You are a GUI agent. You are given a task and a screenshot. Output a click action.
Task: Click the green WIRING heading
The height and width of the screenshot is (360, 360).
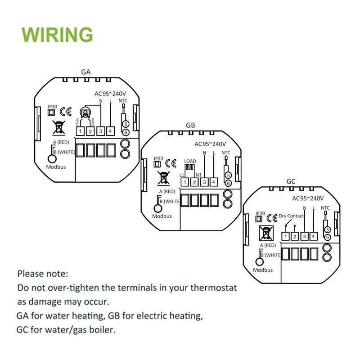(57, 35)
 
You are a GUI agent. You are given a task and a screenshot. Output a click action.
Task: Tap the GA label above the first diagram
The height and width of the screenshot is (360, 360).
(86, 72)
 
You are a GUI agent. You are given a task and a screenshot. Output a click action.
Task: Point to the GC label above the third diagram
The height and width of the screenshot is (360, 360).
(291, 181)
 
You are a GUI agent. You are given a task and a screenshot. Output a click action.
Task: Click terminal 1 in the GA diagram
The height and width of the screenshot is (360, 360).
(80, 131)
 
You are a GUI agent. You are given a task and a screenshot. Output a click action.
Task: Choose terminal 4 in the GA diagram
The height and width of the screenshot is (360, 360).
(110, 131)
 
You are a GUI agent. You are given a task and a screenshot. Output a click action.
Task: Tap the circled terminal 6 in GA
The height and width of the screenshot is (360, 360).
(126, 132)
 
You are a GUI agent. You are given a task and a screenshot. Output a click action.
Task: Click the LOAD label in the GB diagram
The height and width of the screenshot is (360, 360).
(190, 161)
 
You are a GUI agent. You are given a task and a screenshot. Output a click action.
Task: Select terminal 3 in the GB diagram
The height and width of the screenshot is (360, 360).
(204, 182)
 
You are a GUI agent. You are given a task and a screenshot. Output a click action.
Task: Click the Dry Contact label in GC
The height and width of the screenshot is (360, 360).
(291, 216)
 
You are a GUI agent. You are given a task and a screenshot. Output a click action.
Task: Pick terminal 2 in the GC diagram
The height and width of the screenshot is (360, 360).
(295, 236)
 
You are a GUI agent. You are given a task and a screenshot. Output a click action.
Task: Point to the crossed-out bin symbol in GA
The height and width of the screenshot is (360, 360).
(58, 128)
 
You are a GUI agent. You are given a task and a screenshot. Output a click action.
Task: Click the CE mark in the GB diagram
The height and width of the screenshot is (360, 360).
(171, 163)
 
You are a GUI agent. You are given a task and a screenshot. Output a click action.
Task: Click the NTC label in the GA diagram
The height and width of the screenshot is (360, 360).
(123, 101)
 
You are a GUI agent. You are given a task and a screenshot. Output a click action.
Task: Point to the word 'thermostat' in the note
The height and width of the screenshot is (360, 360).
(211, 288)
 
